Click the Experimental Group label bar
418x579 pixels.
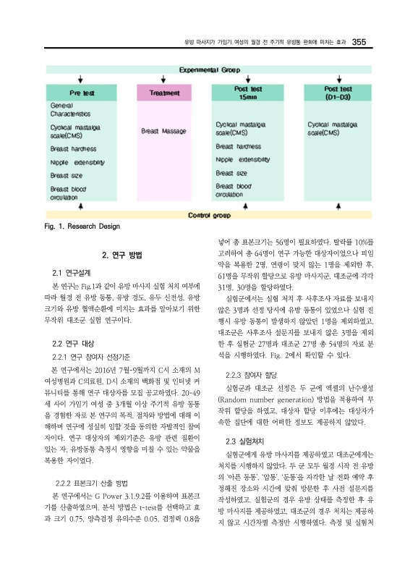[209, 71]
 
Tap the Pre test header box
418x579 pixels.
[85, 92]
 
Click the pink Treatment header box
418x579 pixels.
[164, 92]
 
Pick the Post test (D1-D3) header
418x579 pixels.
[338, 92]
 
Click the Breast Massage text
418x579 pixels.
[163, 131]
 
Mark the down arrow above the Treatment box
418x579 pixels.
[164, 79]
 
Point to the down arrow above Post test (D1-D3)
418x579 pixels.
[338, 79]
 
